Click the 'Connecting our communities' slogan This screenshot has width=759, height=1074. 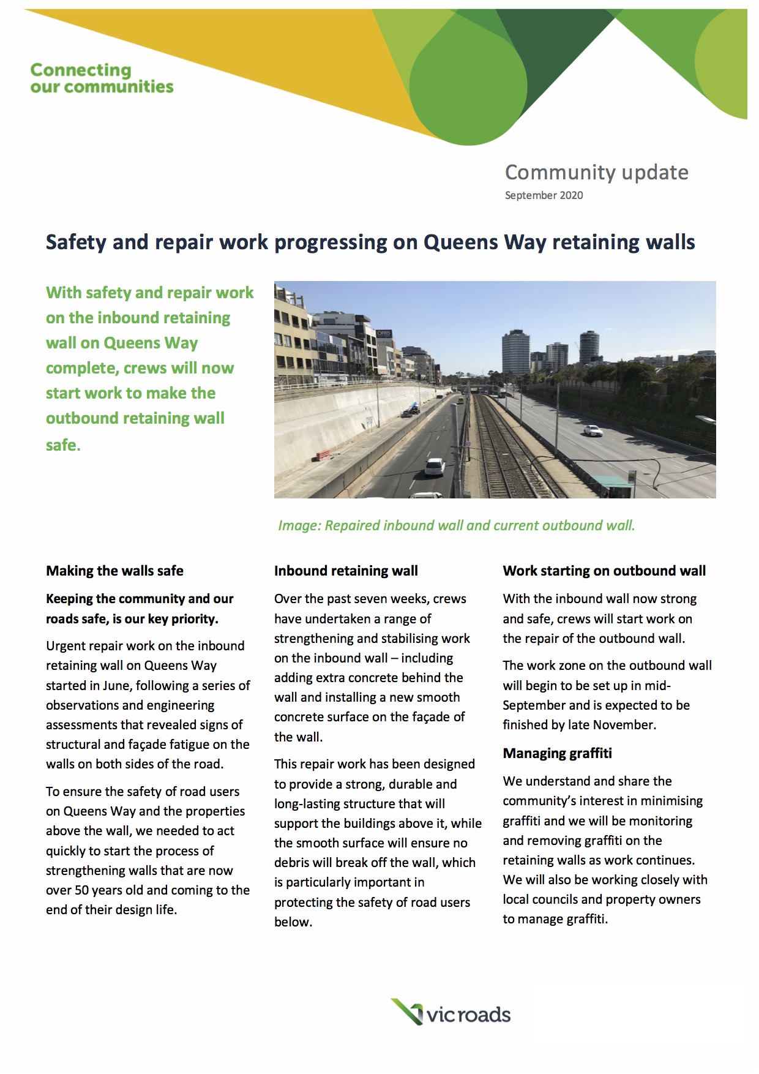point(102,78)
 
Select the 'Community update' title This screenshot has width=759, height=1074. point(596,173)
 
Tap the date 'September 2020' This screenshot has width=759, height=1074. point(544,195)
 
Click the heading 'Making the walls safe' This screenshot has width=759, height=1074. point(114,571)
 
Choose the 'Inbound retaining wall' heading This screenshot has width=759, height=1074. point(346,571)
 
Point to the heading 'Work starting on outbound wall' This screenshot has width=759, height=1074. point(604,571)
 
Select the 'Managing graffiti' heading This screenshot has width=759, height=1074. point(557,753)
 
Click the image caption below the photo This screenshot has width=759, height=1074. point(456,525)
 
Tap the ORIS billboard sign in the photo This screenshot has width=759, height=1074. point(384,334)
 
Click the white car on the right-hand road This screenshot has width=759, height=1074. point(592,430)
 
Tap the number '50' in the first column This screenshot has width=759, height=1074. point(82,890)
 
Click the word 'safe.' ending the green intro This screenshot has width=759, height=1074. point(63,445)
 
